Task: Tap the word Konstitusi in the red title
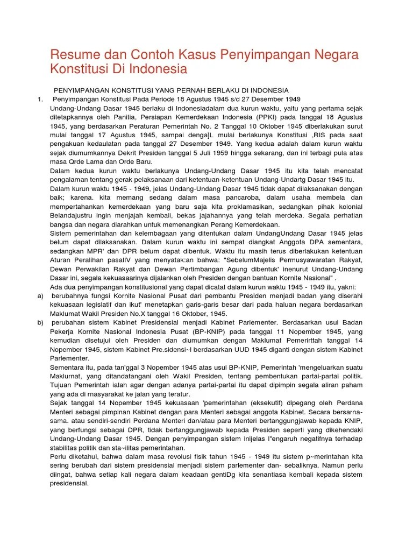(76, 69)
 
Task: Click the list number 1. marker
(40, 99)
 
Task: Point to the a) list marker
(40, 295)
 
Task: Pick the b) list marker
(40, 323)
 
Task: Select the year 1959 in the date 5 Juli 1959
(207, 153)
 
